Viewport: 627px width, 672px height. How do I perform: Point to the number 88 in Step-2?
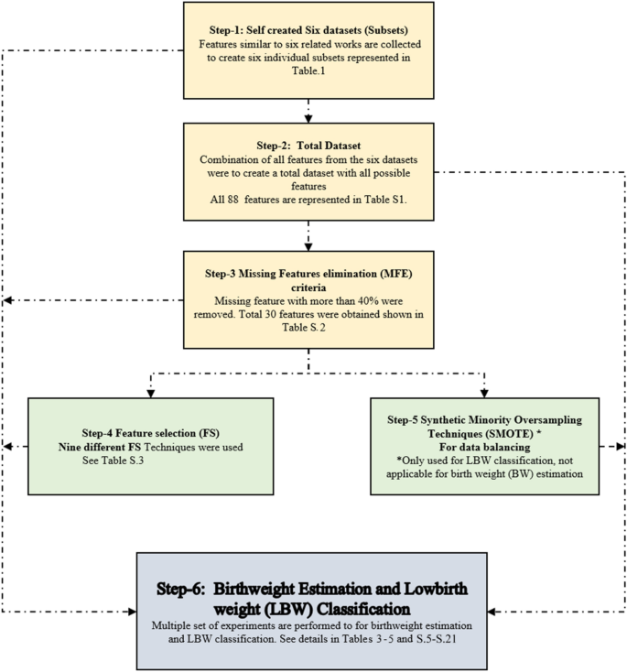[230, 197]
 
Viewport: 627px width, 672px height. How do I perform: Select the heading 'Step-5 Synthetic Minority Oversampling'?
[485, 420]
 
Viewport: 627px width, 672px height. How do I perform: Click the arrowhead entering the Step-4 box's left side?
[8, 448]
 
